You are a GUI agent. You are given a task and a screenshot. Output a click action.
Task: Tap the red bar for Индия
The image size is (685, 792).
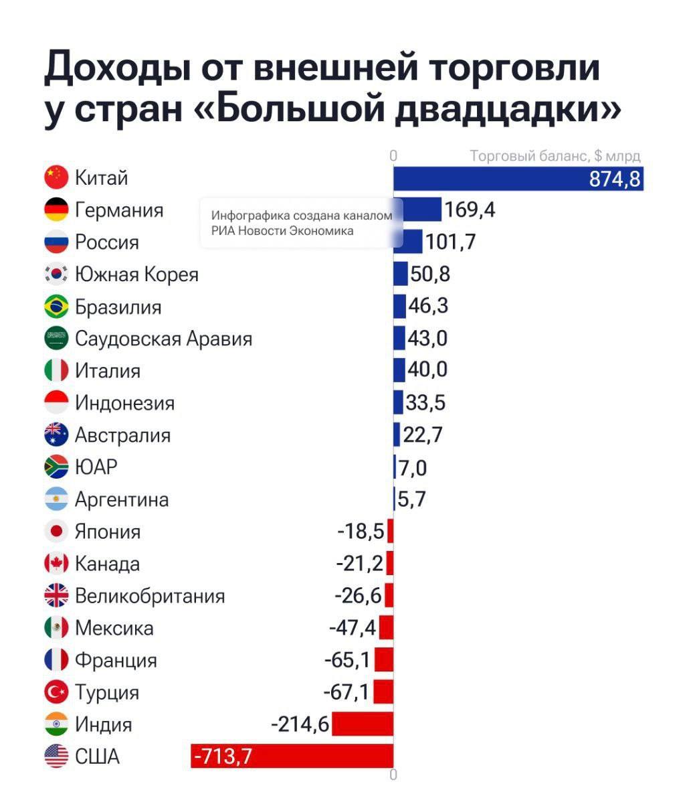pos(362,724)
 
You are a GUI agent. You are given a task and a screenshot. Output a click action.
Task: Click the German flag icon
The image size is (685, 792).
pos(56,210)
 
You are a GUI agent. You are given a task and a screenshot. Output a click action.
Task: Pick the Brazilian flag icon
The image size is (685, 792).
pos(56,307)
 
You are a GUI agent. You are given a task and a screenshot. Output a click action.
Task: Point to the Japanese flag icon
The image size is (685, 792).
pos(56,532)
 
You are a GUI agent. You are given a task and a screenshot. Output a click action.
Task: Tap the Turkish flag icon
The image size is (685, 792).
pos(56,692)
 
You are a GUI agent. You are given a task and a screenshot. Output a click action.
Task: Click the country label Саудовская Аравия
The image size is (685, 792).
pos(163,339)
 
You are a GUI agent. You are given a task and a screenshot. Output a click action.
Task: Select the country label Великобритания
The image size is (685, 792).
pos(150,596)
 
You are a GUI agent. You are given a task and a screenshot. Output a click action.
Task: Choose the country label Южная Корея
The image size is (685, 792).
pos(136,274)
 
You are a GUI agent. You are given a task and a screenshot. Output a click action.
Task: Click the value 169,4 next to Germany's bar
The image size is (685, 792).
pos(470,210)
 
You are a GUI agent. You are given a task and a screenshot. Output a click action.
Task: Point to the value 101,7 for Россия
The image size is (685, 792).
pos(450,242)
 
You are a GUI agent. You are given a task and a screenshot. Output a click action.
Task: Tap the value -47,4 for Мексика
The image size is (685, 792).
pos(353,628)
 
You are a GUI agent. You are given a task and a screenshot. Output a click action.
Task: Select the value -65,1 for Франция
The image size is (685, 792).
pos(347,660)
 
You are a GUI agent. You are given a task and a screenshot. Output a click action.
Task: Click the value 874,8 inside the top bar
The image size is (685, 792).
pos(614,179)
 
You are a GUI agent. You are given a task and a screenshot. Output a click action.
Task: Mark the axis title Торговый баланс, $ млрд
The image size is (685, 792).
pos(555,156)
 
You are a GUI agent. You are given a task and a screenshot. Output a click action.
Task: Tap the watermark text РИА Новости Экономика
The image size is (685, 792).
pos(282,231)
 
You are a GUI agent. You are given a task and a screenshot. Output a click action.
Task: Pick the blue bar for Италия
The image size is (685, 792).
pos(399,370)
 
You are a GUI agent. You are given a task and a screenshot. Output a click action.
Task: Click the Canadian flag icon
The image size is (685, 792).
pos(56,564)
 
